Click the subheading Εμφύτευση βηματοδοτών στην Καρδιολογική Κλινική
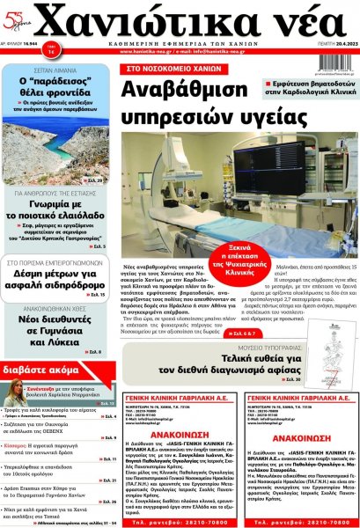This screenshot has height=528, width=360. tap(309, 84)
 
